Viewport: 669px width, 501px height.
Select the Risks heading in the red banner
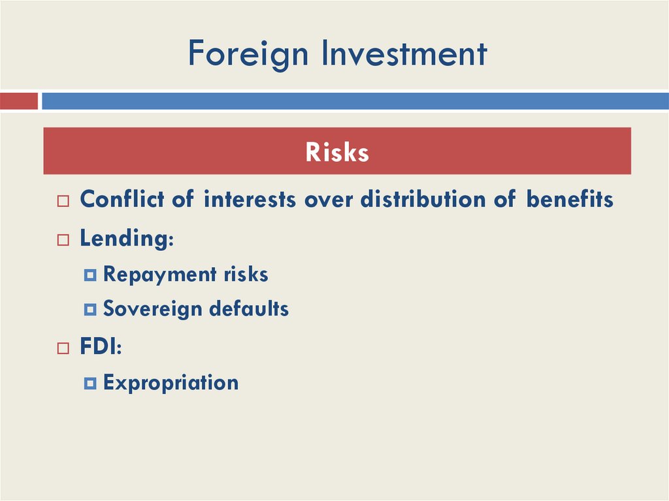pos(337,152)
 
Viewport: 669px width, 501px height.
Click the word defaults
pos(250,308)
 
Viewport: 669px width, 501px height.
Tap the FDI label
pos(99,347)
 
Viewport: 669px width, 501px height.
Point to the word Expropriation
pos(171,382)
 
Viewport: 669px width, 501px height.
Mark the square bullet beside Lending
pos(63,240)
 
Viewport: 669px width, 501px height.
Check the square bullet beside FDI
pos(63,349)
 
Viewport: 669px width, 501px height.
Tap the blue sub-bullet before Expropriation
pos(90,383)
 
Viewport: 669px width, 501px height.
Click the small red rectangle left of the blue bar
pos(18,101)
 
